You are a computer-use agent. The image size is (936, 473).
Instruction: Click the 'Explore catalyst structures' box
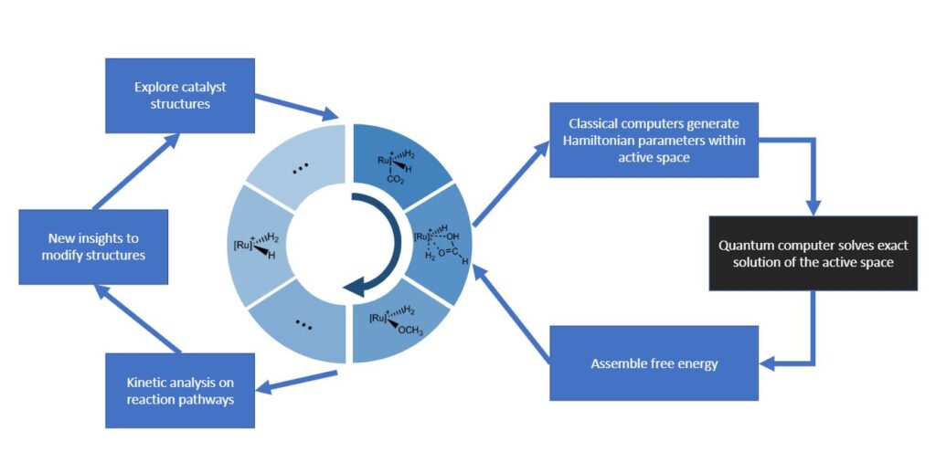coord(179,96)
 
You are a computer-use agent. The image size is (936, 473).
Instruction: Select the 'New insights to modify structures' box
coord(93,246)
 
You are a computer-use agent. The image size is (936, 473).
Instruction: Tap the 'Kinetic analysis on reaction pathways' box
coord(179,390)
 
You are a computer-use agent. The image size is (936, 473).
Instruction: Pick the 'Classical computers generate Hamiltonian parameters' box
coord(653,140)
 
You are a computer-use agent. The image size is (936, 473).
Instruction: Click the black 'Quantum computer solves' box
coord(813,254)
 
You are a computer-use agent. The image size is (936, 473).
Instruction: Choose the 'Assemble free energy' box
coord(654,363)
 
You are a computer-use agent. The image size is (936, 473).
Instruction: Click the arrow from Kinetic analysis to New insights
coord(138,319)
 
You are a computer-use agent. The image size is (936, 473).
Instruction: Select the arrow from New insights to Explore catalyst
coord(136,170)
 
